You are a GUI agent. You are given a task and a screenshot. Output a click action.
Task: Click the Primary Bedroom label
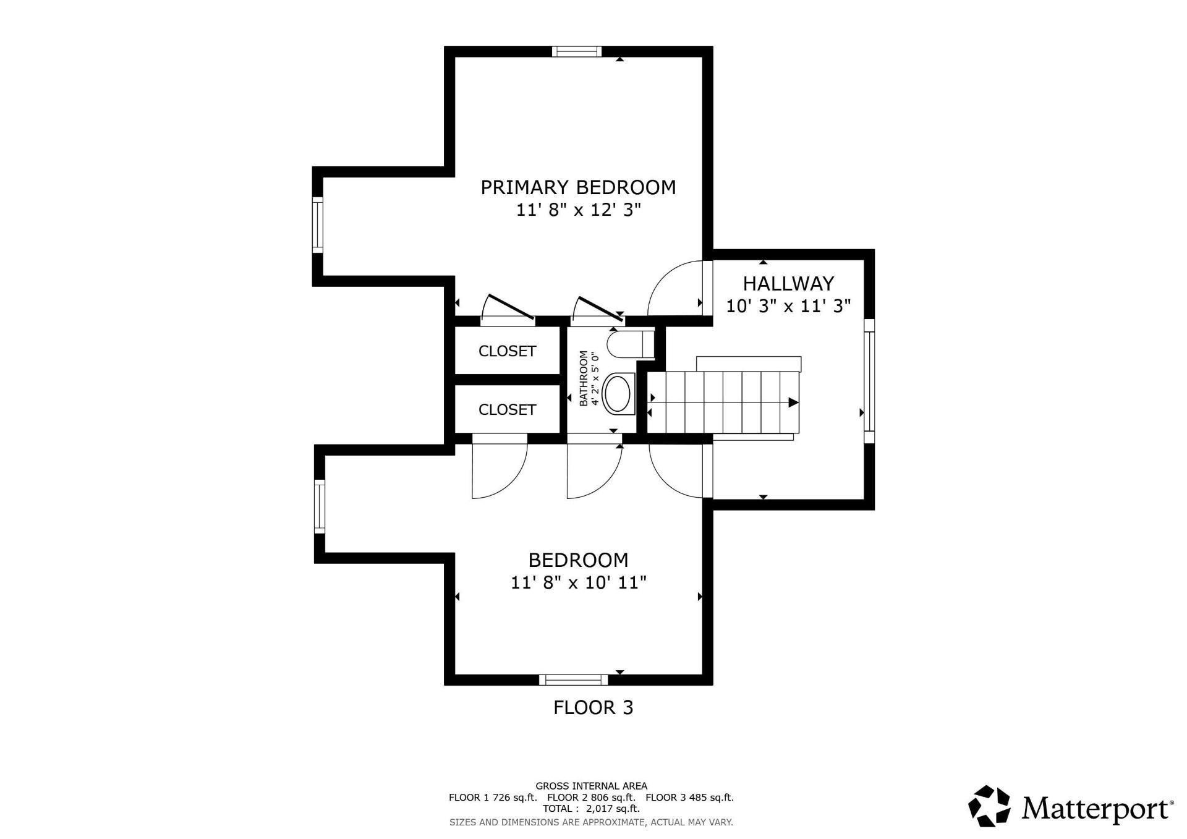click(x=578, y=187)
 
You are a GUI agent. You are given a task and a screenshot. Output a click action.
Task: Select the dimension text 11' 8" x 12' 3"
click(x=578, y=210)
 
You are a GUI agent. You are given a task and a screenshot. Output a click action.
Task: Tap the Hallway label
click(x=788, y=283)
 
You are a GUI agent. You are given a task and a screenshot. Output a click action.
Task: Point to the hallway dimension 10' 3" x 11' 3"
click(x=788, y=305)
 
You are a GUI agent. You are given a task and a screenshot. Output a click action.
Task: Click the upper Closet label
click(x=507, y=351)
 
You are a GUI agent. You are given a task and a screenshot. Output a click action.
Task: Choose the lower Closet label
click(x=507, y=409)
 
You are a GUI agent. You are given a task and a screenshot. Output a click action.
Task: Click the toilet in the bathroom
click(x=630, y=344)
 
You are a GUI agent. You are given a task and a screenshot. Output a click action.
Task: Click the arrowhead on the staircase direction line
click(x=794, y=403)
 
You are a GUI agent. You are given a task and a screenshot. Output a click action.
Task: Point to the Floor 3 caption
click(x=593, y=707)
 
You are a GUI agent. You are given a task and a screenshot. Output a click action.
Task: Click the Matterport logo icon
click(x=989, y=806)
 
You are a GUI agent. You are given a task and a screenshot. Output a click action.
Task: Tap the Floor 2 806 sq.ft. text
click(x=591, y=797)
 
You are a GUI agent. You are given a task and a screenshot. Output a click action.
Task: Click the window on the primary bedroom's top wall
click(x=577, y=51)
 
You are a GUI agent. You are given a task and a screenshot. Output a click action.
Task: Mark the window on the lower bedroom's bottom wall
click(x=574, y=679)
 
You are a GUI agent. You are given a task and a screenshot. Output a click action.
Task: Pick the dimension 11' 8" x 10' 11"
click(x=579, y=582)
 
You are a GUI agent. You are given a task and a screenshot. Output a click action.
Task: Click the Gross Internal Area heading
click(x=591, y=786)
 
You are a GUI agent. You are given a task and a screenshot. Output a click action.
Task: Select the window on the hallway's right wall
click(x=869, y=381)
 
